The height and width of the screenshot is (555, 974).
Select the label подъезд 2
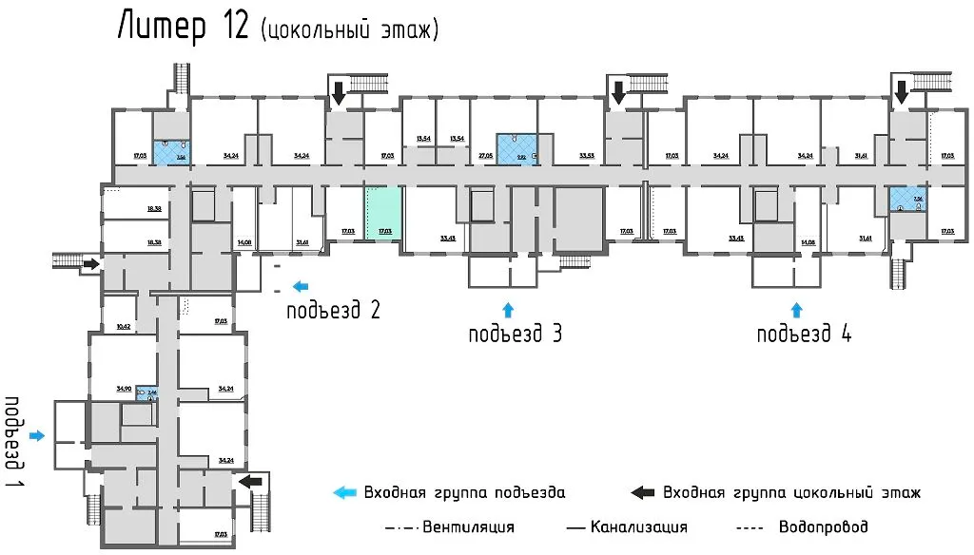334,309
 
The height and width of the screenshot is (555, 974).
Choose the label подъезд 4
804,334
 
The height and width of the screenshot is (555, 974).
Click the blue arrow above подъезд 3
507,308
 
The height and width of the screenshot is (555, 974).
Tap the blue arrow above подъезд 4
797,309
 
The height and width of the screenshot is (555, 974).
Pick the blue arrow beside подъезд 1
37,435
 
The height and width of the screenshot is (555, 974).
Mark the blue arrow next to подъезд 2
301,285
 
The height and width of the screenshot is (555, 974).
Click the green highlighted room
384,214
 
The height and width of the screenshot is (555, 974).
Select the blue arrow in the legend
343,492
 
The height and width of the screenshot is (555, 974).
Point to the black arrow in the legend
643,492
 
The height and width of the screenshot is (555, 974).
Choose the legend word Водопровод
823,526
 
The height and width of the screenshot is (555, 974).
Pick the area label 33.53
587,154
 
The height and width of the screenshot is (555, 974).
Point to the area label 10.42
123,326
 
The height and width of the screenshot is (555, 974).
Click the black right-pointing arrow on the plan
89,263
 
